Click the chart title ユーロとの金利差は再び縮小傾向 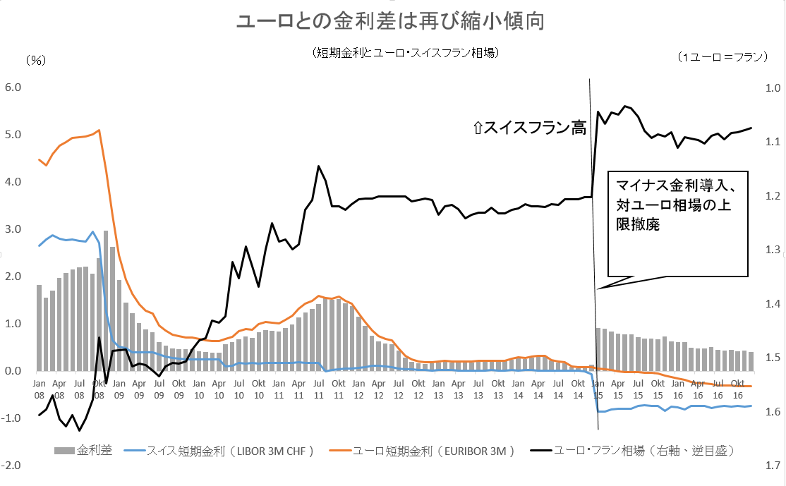click(391, 22)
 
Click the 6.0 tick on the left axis click(14, 87)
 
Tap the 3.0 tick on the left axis click(14, 229)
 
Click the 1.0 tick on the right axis click(768, 87)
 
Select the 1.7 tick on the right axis click(768, 466)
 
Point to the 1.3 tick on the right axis click(768, 250)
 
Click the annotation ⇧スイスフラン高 click(530, 128)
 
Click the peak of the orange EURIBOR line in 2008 click(99, 130)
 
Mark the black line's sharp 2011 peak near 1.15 click(318, 166)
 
